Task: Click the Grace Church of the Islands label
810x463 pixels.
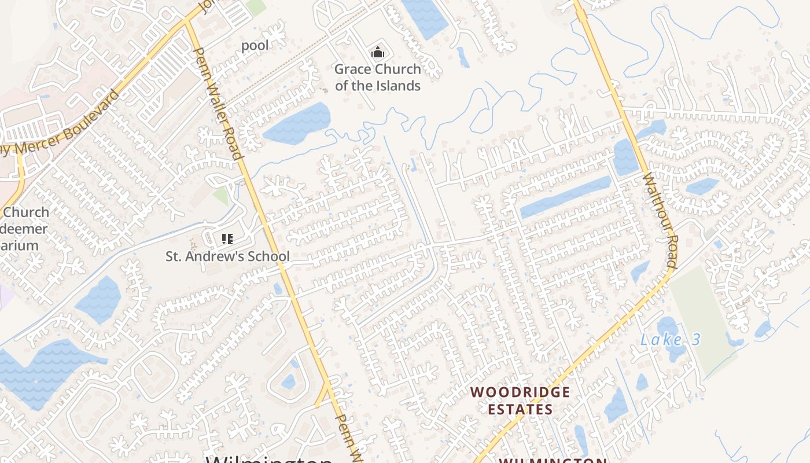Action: [377, 78]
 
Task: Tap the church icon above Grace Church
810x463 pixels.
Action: [378, 53]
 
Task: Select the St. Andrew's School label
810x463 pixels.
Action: [227, 256]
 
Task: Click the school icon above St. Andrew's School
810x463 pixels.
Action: [227, 238]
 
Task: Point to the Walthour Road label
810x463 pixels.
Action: [659, 221]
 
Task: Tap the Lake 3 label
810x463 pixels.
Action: [670, 340]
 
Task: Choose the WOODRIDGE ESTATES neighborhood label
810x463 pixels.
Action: [520, 400]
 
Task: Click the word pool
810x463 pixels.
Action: [255, 45]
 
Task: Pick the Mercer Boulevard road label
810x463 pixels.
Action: [64, 126]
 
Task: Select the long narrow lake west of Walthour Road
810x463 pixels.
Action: [565, 197]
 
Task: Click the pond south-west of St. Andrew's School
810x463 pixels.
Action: [99, 300]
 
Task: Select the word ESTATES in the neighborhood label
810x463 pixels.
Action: [520, 409]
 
